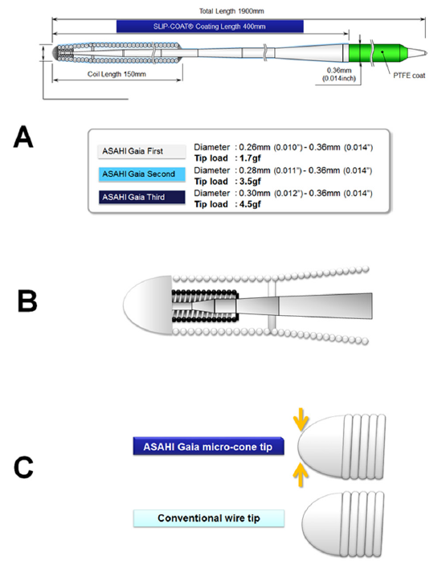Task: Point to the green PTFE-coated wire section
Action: (x=373, y=53)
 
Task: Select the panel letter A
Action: (x=23, y=138)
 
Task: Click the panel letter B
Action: (x=30, y=301)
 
